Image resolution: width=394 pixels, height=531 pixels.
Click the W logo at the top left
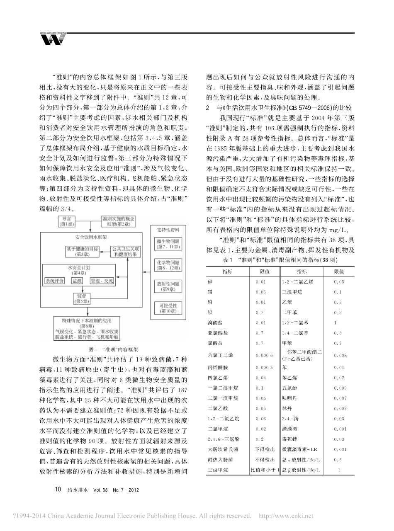(53, 39)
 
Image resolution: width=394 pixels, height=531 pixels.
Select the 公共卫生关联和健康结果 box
(123, 252)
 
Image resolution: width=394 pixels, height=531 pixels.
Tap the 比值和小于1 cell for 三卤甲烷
(264, 470)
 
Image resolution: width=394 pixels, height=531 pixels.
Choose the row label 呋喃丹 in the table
(288, 398)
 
